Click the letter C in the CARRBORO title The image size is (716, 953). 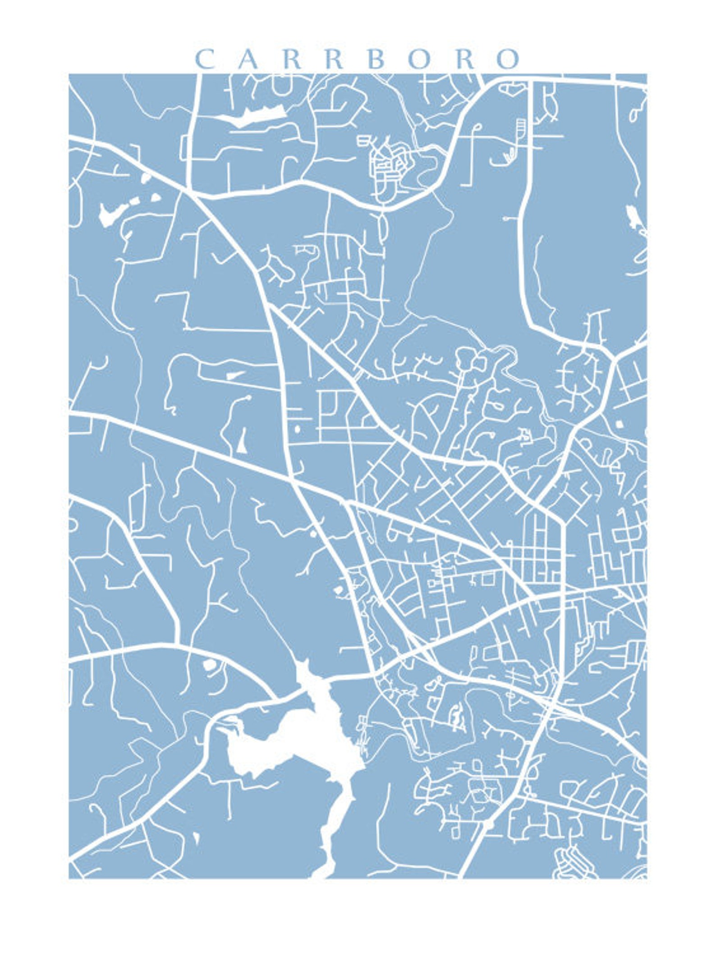coord(205,59)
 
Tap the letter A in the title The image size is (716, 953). coord(248,59)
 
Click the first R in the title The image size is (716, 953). coord(291,59)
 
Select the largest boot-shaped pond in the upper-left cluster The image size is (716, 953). coord(108,214)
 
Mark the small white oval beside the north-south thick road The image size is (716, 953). coord(297,429)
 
